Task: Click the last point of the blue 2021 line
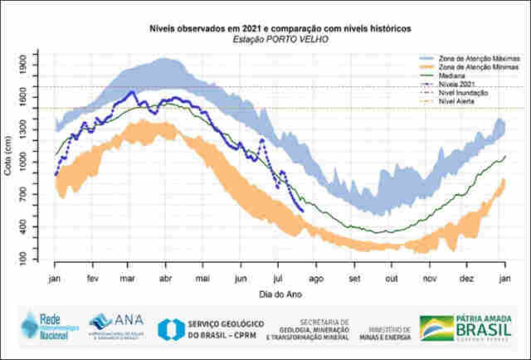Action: pos(302,211)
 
